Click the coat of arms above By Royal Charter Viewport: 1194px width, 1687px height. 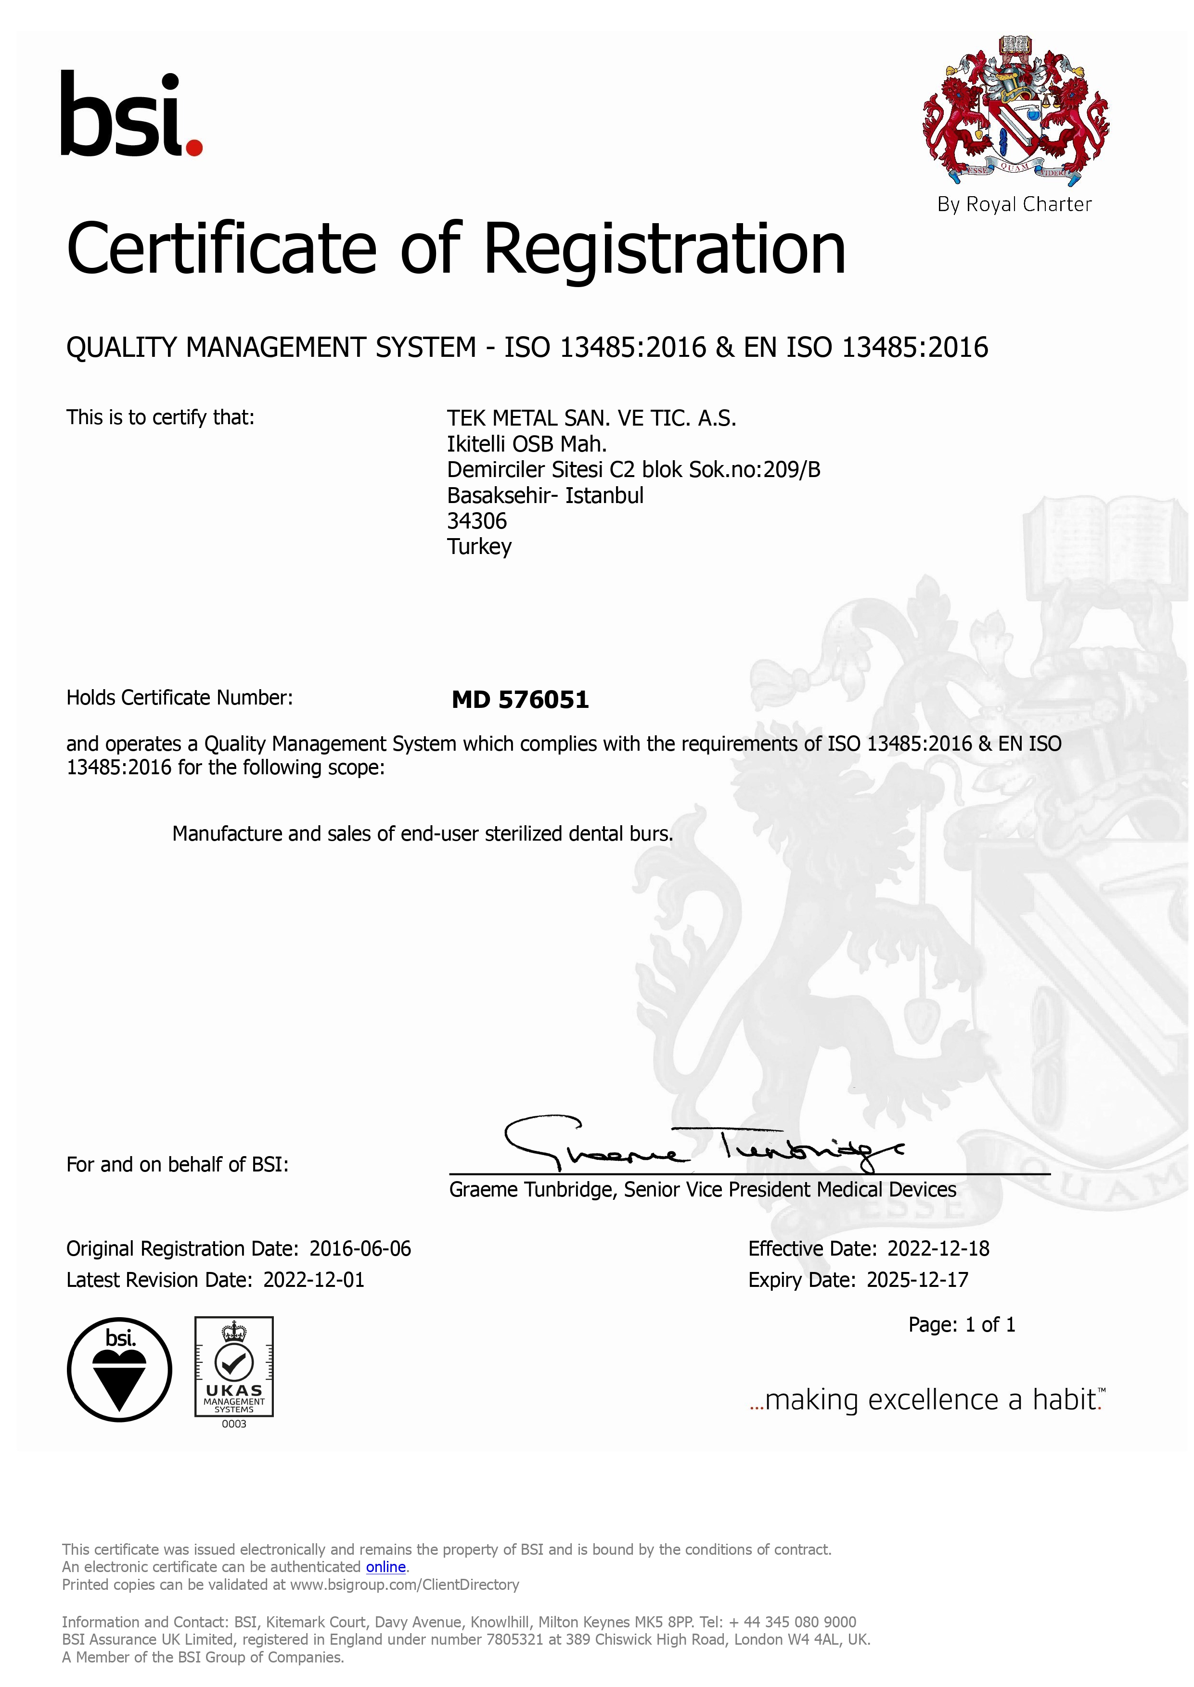tap(1015, 110)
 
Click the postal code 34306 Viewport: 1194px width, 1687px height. tap(476, 521)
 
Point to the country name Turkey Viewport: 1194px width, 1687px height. tap(479, 547)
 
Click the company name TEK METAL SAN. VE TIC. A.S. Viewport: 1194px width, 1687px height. tap(591, 418)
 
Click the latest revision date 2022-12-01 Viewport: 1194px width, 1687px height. tap(313, 1280)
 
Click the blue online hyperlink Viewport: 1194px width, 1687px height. tap(385, 1567)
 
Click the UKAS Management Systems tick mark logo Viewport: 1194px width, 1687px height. tap(234, 1367)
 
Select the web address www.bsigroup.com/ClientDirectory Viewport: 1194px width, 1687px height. tap(404, 1585)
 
